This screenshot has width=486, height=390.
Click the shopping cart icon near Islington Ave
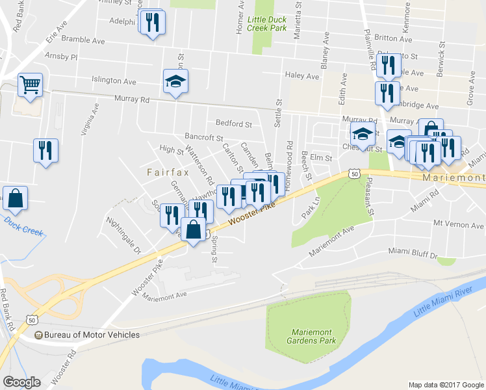click(x=30, y=84)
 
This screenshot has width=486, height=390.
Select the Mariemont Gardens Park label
click(x=303, y=335)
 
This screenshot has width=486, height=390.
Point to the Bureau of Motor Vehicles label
click(x=87, y=335)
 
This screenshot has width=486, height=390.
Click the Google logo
click(x=21, y=382)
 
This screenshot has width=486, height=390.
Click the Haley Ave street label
click(x=302, y=75)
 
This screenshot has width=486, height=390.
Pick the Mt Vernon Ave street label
click(x=459, y=225)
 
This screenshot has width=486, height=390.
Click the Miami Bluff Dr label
click(x=413, y=250)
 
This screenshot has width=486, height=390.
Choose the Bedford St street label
click(x=233, y=123)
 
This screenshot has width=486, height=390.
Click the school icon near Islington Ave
click(x=175, y=83)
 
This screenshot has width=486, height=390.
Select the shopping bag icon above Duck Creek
click(x=14, y=198)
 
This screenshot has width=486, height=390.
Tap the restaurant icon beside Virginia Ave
click(x=45, y=151)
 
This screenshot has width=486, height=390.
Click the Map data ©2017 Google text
click(x=445, y=384)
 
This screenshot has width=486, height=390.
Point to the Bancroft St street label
click(x=203, y=138)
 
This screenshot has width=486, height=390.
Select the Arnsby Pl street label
click(x=61, y=57)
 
